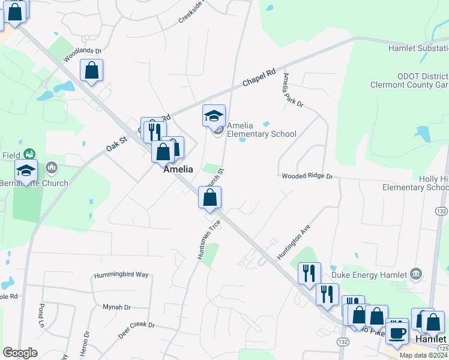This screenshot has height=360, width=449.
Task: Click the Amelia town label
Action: click(x=178, y=170)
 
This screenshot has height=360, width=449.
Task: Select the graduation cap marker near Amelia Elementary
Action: click(x=214, y=116)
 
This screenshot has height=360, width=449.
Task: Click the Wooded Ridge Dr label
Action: click(x=307, y=176)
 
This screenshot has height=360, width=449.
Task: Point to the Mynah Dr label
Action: click(x=116, y=307)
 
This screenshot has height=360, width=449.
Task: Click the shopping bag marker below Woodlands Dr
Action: click(x=92, y=70)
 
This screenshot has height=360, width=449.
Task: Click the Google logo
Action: click(x=20, y=352)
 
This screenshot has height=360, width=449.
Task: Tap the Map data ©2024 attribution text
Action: click(x=423, y=355)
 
